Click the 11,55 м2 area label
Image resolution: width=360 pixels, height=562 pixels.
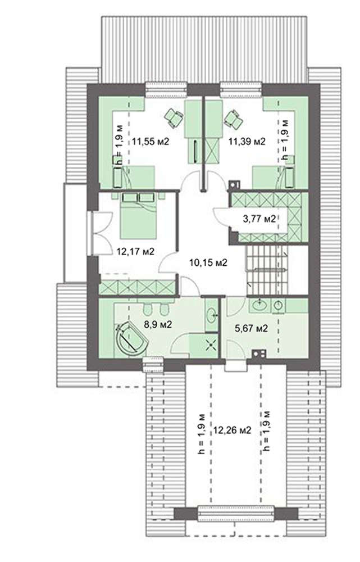tap(150, 142)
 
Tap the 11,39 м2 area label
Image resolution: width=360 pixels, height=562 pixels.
tap(247, 142)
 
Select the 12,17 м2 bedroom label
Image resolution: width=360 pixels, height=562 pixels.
tap(136, 252)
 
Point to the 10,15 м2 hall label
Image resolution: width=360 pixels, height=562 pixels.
tap(208, 262)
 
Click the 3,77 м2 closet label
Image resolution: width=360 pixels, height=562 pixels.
tap(259, 218)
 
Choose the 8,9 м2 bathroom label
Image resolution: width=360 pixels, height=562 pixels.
tap(158, 325)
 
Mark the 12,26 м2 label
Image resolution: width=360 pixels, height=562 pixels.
tap(232, 430)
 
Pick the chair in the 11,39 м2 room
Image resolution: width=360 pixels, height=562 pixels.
tap(233, 119)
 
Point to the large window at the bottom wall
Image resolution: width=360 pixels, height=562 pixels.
tap(236, 513)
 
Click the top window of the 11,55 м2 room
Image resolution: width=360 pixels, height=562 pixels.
tap(166, 89)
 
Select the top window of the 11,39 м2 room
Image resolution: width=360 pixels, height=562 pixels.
tap(241, 89)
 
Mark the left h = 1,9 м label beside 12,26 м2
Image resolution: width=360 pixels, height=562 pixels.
tap(202, 434)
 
